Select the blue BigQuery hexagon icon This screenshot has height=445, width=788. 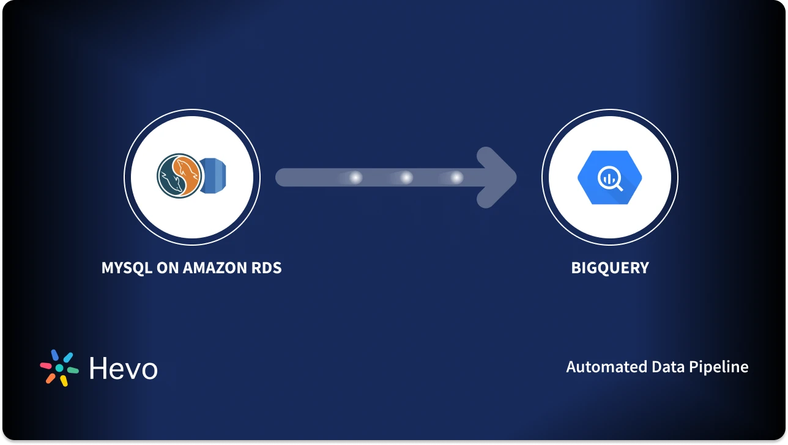[609, 178]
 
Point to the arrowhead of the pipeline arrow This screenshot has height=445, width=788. [499, 178]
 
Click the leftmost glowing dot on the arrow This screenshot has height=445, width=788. [355, 178]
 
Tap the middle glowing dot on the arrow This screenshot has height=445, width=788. [406, 178]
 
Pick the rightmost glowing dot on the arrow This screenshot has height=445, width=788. [456, 178]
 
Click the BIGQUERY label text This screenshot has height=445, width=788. [609, 268]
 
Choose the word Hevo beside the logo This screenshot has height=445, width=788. [123, 368]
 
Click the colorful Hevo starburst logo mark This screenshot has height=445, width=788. [59, 367]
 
